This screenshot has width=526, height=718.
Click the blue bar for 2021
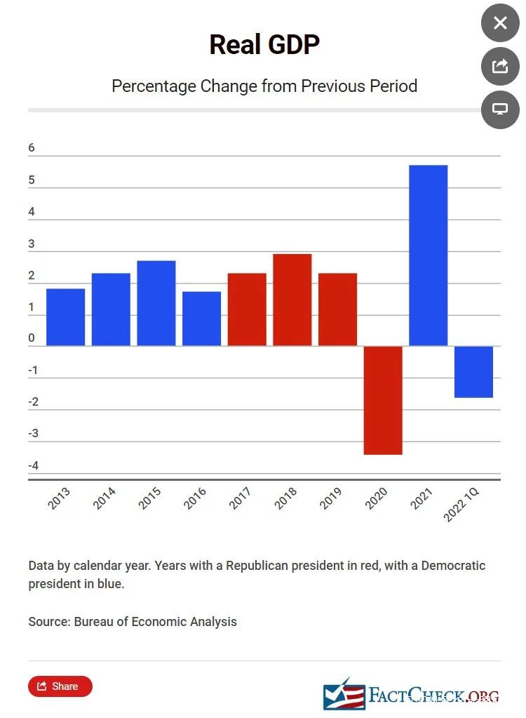point(428,255)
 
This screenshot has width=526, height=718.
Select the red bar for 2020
point(383,400)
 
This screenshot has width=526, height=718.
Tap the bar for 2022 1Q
point(473,371)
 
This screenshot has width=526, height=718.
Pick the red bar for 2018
point(292,300)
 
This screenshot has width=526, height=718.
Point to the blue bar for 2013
point(65,317)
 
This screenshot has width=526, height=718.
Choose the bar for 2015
point(156,303)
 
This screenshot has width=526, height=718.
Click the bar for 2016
point(201,319)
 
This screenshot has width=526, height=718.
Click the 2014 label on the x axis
point(104,498)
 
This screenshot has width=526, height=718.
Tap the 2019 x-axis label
point(331,498)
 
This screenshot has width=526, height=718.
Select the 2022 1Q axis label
point(461,505)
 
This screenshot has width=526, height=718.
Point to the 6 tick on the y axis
point(32,148)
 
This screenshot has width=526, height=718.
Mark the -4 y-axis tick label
point(33,466)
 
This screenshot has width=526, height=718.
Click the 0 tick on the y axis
point(32,338)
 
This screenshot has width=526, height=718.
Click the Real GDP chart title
point(264,45)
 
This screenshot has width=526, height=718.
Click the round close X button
point(500,23)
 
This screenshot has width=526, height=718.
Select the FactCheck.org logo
point(411,695)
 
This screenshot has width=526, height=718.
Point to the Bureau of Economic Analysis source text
point(155,622)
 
